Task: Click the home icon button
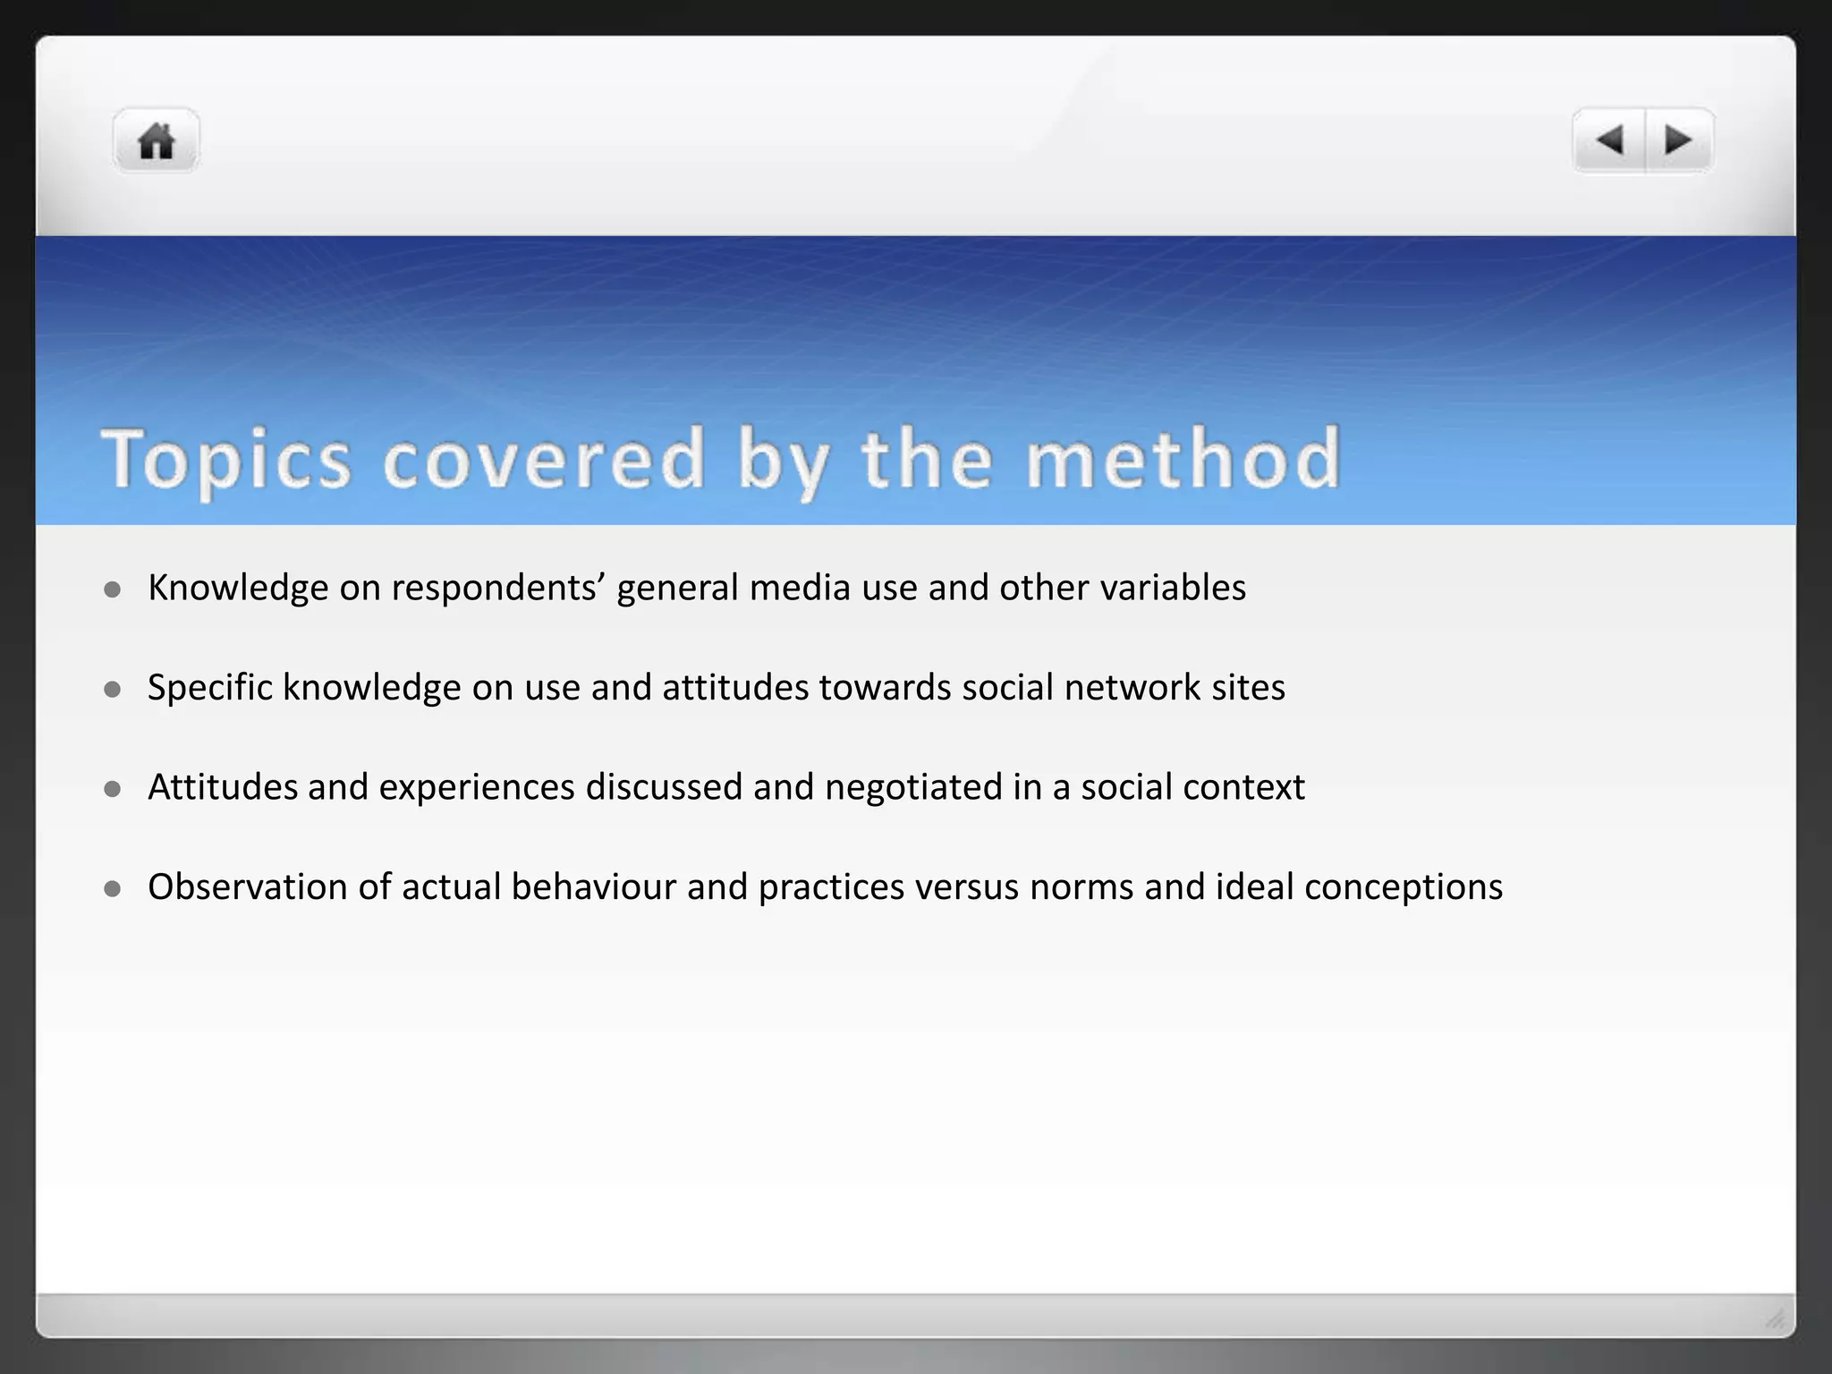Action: [x=157, y=141]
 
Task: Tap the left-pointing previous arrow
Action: [x=1610, y=140]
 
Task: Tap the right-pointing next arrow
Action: [x=1678, y=140]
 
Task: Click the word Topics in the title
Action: [x=226, y=460]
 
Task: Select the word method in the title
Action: [x=1183, y=458]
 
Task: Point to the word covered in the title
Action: [x=545, y=460]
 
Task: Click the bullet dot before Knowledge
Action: [x=113, y=589]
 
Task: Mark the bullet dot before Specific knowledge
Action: [x=113, y=689]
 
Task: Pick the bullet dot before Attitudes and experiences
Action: [x=113, y=789]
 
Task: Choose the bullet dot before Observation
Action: [x=113, y=888]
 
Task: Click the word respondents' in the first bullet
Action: [x=498, y=589]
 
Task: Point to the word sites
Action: [x=1248, y=688]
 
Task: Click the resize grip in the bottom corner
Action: [x=1775, y=1318]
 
